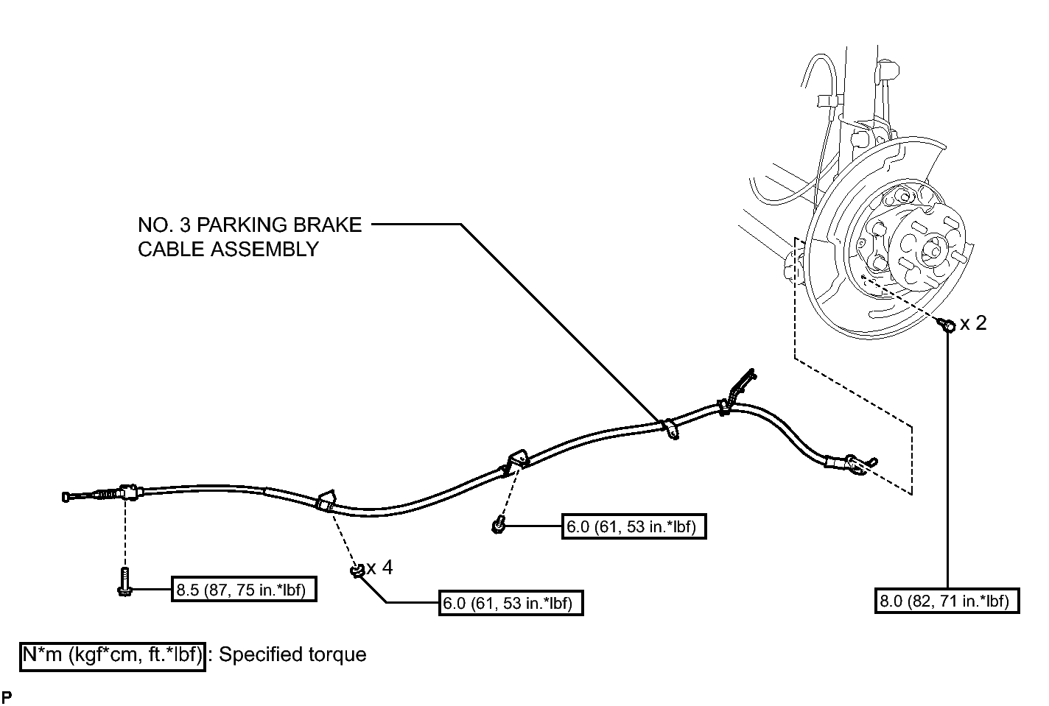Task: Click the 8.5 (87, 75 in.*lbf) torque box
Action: click(x=244, y=588)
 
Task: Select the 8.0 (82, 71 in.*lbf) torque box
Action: click(x=947, y=600)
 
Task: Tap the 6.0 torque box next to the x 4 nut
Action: click(x=511, y=603)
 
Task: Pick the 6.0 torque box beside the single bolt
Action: click(x=634, y=526)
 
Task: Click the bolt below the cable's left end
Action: click(x=124, y=582)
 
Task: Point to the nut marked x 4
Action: click(x=358, y=571)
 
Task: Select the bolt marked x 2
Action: click(x=946, y=324)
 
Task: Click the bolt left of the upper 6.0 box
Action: click(x=498, y=526)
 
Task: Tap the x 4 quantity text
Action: click(x=380, y=568)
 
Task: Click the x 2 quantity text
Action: click(x=973, y=323)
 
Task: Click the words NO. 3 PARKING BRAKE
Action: click(x=250, y=225)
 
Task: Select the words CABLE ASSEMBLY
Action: click(x=228, y=249)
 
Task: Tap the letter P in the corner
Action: click(x=7, y=696)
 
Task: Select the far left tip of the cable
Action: click(x=63, y=497)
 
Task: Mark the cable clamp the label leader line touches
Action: click(x=670, y=429)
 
